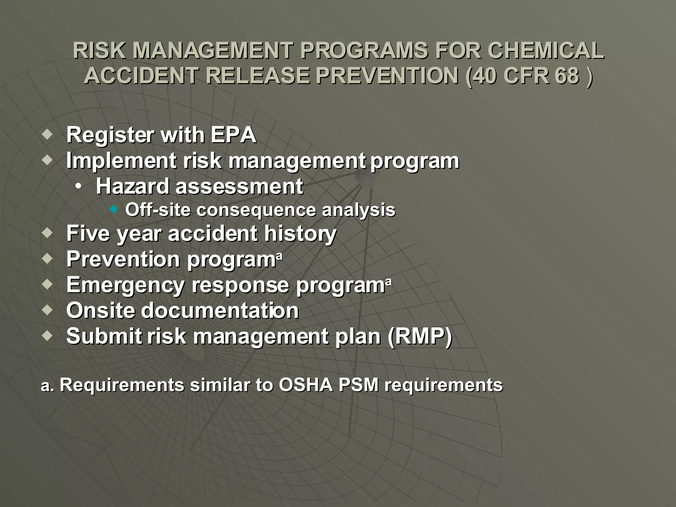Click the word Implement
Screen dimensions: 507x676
pyautogui.click(x=121, y=161)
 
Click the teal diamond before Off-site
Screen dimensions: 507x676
pyautogui.click(x=114, y=209)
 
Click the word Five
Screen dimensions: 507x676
pyautogui.click(x=88, y=233)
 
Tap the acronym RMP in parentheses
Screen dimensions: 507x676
pyautogui.click(x=420, y=336)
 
